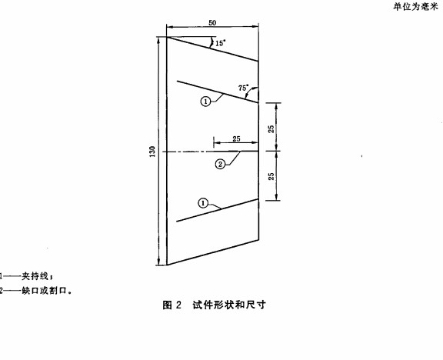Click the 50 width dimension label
(x=212, y=22)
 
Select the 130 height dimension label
(x=152, y=152)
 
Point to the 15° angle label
(x=221, y=43)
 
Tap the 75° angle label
(x=243, y=88)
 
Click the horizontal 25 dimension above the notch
(x=236, y=138)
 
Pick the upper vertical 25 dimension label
(x=271, y=129)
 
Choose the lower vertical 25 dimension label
(x=271, y=177)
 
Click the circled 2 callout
(x=221, y=164)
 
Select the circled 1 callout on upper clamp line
(x=205, y=102)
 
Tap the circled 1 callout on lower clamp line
(x=203, y=203)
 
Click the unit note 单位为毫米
(x=415, y=7)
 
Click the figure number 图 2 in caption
(x=172, y=305)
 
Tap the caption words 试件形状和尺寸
(x=229, y=305)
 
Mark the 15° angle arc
(x=211, y=42)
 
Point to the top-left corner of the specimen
(x=167, y=37)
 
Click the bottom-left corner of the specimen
(x=167, y=265)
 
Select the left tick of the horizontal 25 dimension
(x=214, y=142)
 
